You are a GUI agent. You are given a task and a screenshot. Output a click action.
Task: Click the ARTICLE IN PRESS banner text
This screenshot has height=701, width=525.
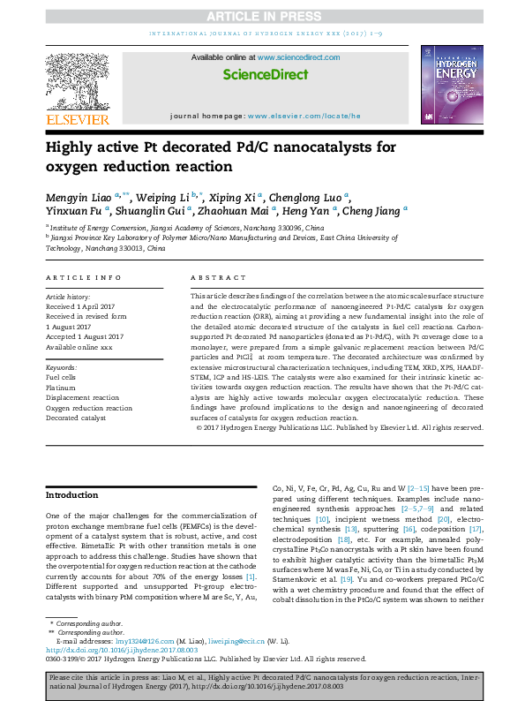(x=262, y=16)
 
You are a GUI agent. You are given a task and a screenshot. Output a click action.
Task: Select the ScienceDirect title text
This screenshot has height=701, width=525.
(x=261, y=75)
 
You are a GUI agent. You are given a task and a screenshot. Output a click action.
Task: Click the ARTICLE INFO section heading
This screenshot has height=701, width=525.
(x=84, y=277)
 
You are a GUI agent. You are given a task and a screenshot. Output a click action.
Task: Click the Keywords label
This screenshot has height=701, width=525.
(x=61, y=366)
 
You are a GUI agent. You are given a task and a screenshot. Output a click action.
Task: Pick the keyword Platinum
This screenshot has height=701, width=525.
(x=61, y=387)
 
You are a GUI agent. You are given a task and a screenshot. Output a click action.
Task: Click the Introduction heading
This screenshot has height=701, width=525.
(x=72, y=495)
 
